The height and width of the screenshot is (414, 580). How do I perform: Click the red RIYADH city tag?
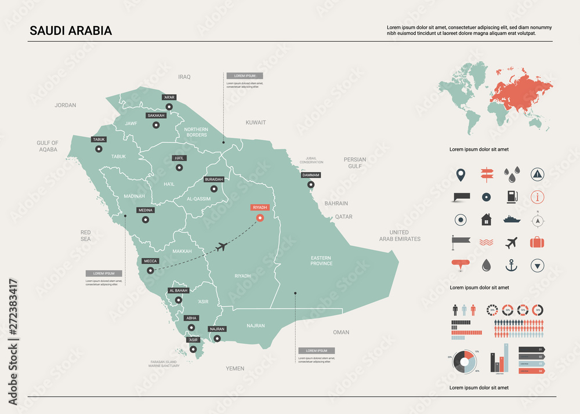260,207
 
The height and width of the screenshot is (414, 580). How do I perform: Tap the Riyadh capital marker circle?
260,218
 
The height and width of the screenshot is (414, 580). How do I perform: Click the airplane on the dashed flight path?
220,248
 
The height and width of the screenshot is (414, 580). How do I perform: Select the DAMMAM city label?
311,175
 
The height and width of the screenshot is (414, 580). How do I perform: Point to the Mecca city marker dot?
150,270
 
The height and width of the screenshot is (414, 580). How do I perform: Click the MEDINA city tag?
145,210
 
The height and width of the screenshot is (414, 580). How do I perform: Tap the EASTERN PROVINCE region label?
321,260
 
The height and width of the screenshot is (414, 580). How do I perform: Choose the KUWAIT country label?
256,122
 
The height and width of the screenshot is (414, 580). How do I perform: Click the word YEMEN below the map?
235,368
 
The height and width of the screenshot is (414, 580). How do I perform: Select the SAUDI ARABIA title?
71,31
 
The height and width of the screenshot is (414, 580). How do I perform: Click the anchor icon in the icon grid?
511,266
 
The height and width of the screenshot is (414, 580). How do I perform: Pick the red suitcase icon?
538,242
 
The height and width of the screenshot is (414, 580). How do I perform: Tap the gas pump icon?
511,197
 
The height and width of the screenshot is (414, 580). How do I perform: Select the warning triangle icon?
538,173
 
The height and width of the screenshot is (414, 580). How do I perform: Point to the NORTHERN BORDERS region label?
195,132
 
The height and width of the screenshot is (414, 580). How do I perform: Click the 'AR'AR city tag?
169,97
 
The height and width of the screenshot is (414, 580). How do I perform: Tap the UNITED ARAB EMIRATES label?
400,235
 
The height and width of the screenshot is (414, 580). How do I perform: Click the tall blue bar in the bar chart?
506,357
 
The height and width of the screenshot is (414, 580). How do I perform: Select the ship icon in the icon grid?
511,220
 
